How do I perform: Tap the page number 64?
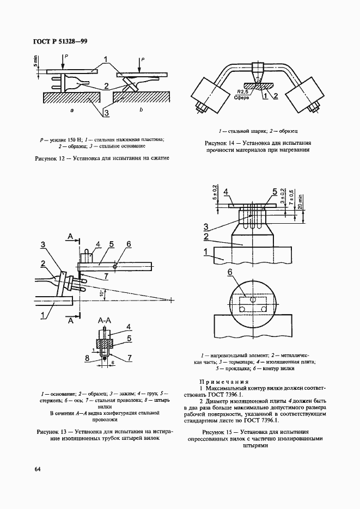click(x=38, y=469)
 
